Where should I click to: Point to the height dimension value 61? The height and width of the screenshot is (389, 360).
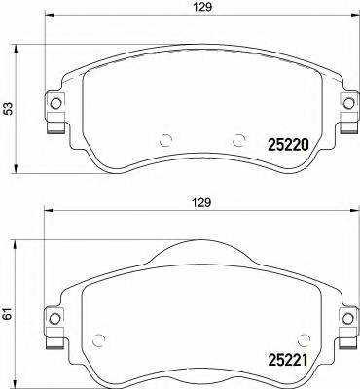pyautogui.click(x=10, y=313)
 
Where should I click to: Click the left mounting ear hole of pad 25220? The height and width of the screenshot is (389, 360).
pyautogui.click(x=54, y=103)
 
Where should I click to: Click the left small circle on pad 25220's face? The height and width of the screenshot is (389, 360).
pyautogui.click(x=164, y=138)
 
